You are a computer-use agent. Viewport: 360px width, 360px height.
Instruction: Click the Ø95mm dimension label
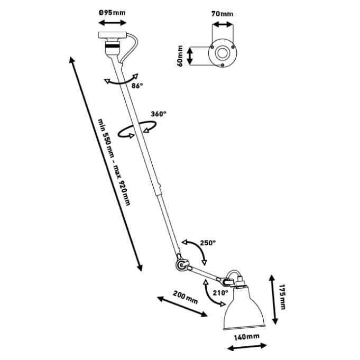click(112, 13)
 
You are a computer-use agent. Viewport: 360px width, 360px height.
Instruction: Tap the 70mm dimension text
click(222, 14)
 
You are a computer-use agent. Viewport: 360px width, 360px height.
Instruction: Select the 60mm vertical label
click(180, 56)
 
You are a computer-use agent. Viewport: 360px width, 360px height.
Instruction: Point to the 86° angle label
click(137, 86)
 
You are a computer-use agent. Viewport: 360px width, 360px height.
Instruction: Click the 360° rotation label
click(159, 114)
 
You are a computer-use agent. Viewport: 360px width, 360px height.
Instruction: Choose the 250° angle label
click(208, 243)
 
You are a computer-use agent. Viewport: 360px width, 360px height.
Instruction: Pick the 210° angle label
click(220, 293)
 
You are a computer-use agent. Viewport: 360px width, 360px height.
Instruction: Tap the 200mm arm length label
click(185, 297)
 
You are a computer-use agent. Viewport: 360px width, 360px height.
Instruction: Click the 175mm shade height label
click(282, 297)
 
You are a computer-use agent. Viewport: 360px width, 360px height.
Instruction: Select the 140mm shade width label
click(246, 337)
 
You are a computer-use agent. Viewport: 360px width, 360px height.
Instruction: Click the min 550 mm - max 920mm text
click(114, 162)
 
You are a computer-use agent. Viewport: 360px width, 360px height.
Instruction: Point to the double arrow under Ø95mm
click(112, 23)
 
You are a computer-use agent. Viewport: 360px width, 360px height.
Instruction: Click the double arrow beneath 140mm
click(246, 347)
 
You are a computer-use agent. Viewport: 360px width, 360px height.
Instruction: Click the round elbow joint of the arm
click(182, 265)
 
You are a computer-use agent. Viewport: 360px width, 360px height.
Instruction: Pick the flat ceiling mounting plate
click(112, 35)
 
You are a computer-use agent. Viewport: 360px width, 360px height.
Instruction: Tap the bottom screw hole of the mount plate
click(223, 65)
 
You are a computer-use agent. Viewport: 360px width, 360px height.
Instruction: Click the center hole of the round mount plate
click(222, 53)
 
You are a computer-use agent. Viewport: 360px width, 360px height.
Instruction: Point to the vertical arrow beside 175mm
click(273, 299)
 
